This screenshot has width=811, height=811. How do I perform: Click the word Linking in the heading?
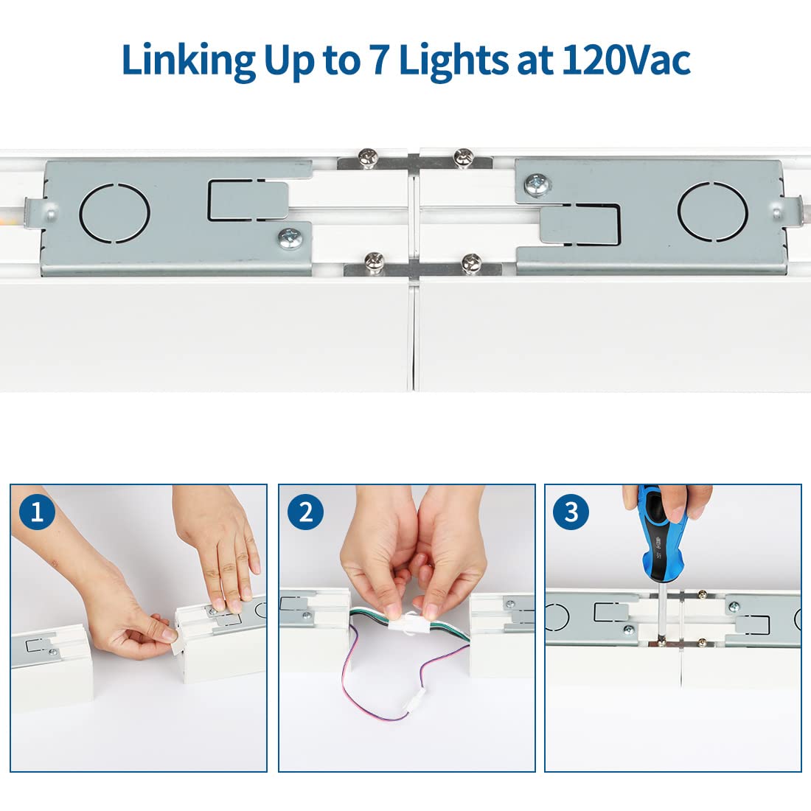tap(187, 60)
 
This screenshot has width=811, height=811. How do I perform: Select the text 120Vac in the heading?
tap(626, 60)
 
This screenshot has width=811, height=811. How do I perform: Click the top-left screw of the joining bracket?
tap(366, 156)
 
